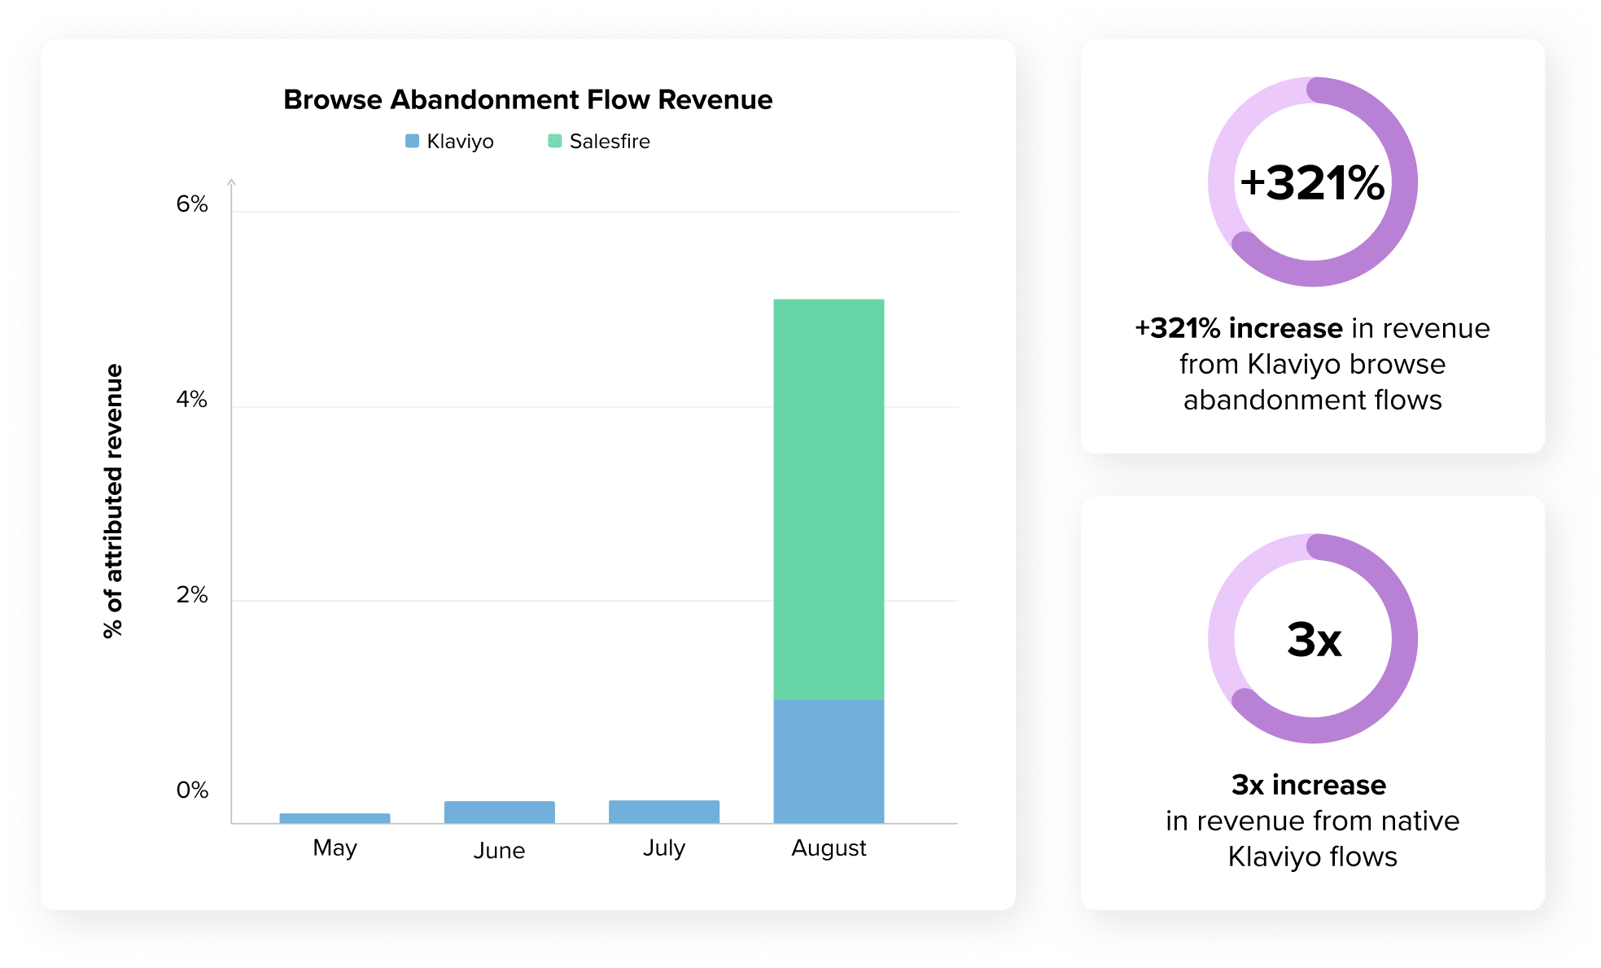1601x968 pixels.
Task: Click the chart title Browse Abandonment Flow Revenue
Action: (x=527, y=99)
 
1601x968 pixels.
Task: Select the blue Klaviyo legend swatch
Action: (x=412, y=141)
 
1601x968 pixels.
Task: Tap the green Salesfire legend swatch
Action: (x=554, y=141)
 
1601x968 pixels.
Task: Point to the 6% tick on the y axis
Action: (x=192, y=204)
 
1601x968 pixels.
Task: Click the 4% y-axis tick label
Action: (x=192, y=399)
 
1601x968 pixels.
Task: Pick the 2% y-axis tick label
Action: (x=192, y=594)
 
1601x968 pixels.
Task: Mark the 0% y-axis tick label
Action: (x=192, y=790)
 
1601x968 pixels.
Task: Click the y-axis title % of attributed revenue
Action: (x=113, y=501)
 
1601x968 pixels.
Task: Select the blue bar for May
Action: (x=335, y=817)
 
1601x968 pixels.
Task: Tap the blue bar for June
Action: (x=499, y=812)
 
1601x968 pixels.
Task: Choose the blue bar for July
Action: (x=663, y=811)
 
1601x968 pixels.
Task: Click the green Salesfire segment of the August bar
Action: (x=829, y=499)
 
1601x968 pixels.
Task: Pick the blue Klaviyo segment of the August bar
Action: (x=829, y=761)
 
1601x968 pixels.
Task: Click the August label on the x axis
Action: (x=829, y=848)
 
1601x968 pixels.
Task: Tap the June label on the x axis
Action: (x=499, y=850)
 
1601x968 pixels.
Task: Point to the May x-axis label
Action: (x=335, y=848)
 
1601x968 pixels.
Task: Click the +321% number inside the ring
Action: (x=1312, y=182)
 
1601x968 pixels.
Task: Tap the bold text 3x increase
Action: (x=1308, y=784)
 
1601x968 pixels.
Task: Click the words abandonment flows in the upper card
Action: (x=1312, y=400)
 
